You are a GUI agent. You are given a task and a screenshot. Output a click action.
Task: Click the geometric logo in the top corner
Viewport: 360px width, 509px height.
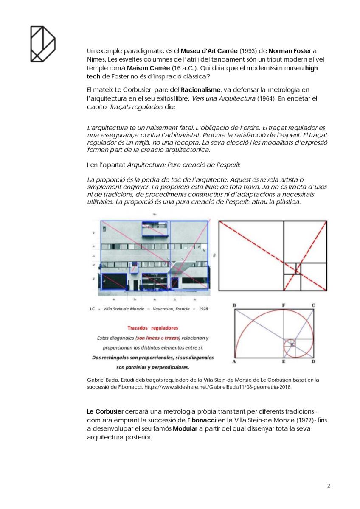[x=43, y=43]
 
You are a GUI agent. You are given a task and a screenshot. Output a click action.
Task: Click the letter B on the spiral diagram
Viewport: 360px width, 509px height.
[x=234, y=305]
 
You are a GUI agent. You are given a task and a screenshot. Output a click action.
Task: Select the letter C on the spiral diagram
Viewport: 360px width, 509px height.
[x=313, y=305]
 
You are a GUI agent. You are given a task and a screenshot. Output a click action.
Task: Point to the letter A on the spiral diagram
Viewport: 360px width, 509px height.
[x=234, y=361]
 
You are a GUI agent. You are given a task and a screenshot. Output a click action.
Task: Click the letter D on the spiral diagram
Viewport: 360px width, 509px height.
[x=313, y=361]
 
